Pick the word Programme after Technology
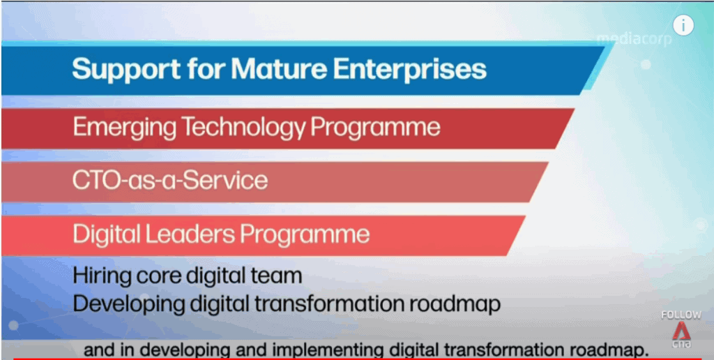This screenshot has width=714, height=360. point(376,128)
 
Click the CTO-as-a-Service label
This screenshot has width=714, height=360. point(170,181)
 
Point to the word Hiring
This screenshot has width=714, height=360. point(98,276)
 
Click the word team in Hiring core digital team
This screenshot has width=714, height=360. point(282,276)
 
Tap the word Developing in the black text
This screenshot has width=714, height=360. point(127,304)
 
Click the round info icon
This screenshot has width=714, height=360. point(683,25)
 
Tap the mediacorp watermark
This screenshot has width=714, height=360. point(634,40)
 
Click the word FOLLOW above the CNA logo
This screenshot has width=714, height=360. point(681,315)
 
